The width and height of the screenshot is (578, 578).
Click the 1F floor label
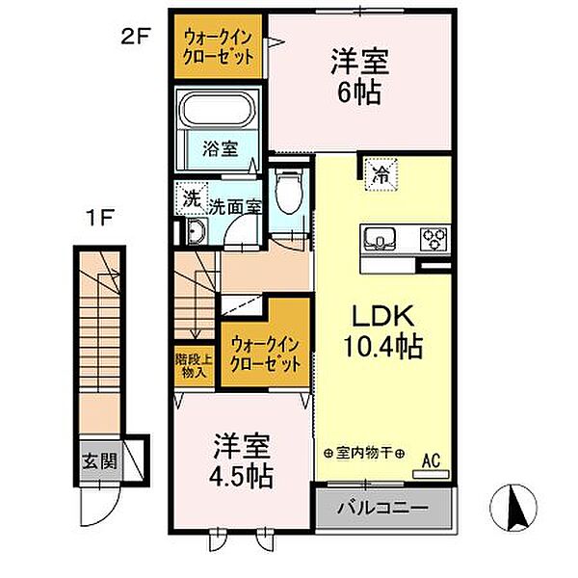[103, 218]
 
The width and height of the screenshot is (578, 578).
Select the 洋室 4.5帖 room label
[242, 460]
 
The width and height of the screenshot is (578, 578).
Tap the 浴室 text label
[220, 149]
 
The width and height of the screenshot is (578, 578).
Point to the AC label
[433, 461]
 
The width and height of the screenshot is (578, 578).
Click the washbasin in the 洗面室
[196, 232]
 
